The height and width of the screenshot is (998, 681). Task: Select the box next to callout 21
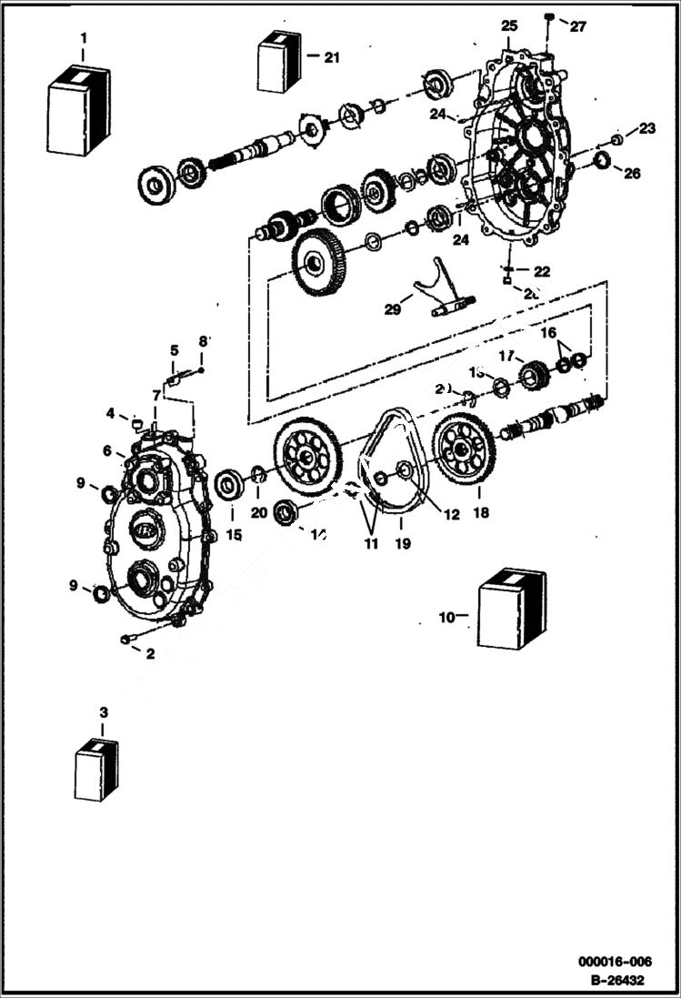click(x=279, y=61)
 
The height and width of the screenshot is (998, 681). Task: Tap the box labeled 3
click(x=96, y=769)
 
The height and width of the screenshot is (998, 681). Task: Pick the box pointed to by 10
click(x=511, y=609)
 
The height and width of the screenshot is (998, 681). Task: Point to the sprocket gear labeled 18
click(x=464, y=449)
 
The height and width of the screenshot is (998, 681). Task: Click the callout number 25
click(x=508, y=24)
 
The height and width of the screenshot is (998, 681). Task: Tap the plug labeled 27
click(x=549, y=17)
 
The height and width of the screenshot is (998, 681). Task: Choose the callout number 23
click(x=646, y=129)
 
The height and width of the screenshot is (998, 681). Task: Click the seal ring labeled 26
click(x=602, y=161)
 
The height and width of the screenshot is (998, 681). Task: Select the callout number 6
click(x=107, y=450)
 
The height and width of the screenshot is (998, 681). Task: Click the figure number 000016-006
click(x=615, y=962)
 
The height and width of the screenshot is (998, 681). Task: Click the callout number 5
click(x=174, y=349)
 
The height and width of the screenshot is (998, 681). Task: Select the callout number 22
click(x=542, y=271)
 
